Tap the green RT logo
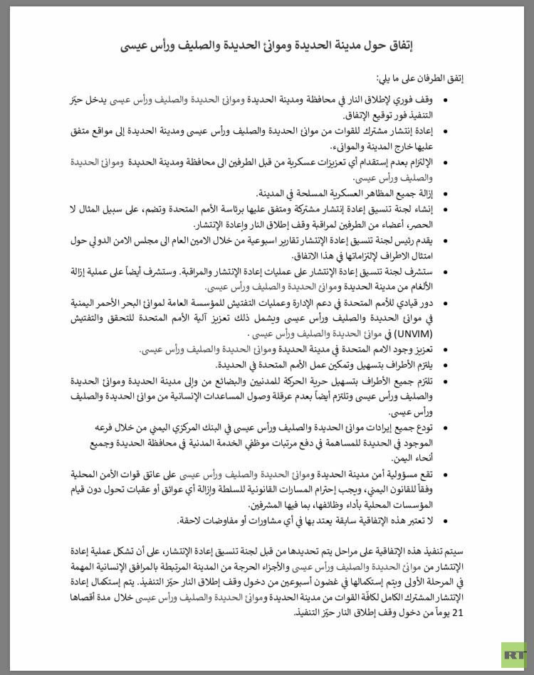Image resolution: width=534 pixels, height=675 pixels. (x=513, y=655)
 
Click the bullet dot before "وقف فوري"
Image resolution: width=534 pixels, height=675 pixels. (x=446, y=101)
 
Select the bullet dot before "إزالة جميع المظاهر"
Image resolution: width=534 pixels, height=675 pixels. (x=446, y=193)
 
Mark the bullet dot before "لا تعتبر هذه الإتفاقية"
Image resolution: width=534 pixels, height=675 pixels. (x=446, y=520)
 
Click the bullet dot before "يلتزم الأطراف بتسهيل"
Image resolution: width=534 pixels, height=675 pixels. (x=446, y=366)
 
